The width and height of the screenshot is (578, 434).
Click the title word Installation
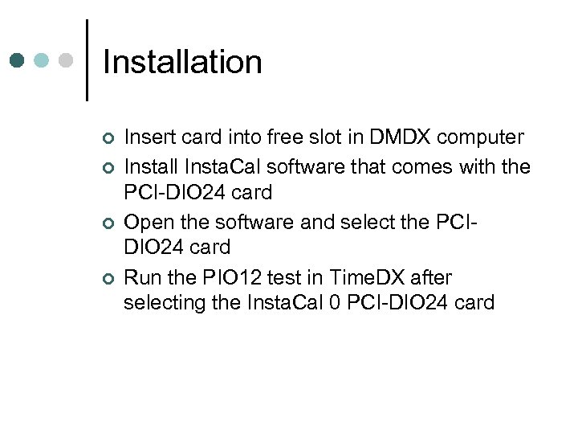coord(182,62)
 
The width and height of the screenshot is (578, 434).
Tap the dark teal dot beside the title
coord(18,60)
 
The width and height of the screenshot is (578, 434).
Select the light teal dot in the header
coord(42,60)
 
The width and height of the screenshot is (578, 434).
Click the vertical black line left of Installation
coord(87,60)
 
